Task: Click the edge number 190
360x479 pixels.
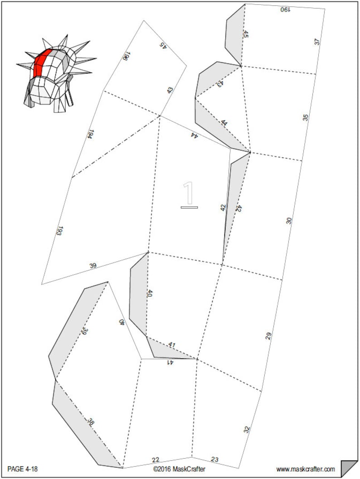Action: [x=285, y=10]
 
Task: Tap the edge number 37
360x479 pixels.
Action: [x=317, y=42]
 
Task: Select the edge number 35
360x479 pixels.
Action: [x=306, y=118]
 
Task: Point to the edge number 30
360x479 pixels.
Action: [x=289, y=221]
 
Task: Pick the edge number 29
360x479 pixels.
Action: [x=268, y=336]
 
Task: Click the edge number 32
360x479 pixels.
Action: [x=247, y=430]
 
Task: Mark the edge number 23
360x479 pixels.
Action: [x=215, y=460]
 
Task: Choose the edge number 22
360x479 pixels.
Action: [x=156, y=460]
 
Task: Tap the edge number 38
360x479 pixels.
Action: [x=91, y=422]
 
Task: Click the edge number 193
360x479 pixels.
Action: [x=59, y=231]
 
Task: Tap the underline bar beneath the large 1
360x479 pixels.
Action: [x=189, y=208]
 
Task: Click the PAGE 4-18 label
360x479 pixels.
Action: [x=23, y=469]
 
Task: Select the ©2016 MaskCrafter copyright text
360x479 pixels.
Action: [x=180, y=469]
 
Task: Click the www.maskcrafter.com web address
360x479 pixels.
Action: [x=306, y=469]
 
